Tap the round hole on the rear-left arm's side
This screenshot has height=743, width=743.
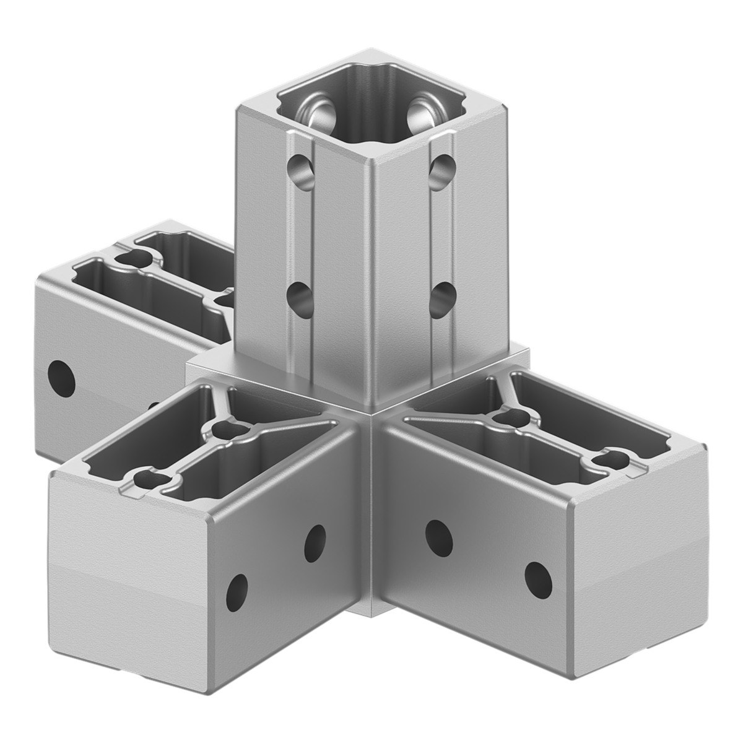pos(62,378)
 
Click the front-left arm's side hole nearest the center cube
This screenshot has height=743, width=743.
pos(315,539)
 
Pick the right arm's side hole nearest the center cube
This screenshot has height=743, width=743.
pos(438,536)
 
